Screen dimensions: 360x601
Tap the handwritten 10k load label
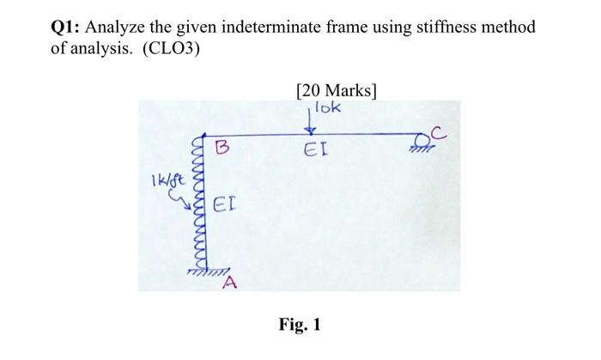[327, 108]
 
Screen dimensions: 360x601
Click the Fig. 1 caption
[300, 326]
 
